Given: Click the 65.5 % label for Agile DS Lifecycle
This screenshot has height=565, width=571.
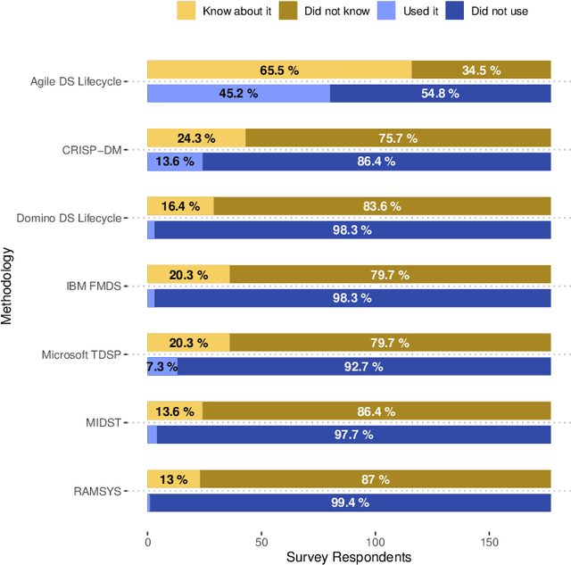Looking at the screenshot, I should [278, 70].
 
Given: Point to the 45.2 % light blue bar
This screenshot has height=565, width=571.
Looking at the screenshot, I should [238, 93].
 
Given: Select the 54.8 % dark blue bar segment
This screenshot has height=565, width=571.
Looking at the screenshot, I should [440, 93].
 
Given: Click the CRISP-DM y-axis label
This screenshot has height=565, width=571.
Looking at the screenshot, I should [92, 150].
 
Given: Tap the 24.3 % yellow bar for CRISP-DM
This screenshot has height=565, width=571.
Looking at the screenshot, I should [196, 138].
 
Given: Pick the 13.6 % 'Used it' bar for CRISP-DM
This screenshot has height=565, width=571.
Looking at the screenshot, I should [175, 162].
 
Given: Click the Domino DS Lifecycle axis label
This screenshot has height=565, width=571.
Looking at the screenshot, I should [68, 218].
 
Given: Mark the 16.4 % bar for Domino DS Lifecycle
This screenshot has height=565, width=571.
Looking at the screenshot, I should [180, 206].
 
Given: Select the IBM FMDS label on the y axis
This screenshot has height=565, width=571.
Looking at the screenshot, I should [95, 287].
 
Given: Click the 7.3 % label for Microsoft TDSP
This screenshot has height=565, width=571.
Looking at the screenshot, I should [161, 366].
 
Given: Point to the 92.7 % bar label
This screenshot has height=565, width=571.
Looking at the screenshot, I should [364, 366].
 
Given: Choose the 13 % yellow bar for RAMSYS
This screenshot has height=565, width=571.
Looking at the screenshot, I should [173, 480].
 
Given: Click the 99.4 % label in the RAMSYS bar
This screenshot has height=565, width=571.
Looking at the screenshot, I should [350, 503].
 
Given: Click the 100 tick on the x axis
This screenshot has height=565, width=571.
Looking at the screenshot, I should [376, 539].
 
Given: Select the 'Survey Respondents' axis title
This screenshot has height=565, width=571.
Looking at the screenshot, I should [349, 556].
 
